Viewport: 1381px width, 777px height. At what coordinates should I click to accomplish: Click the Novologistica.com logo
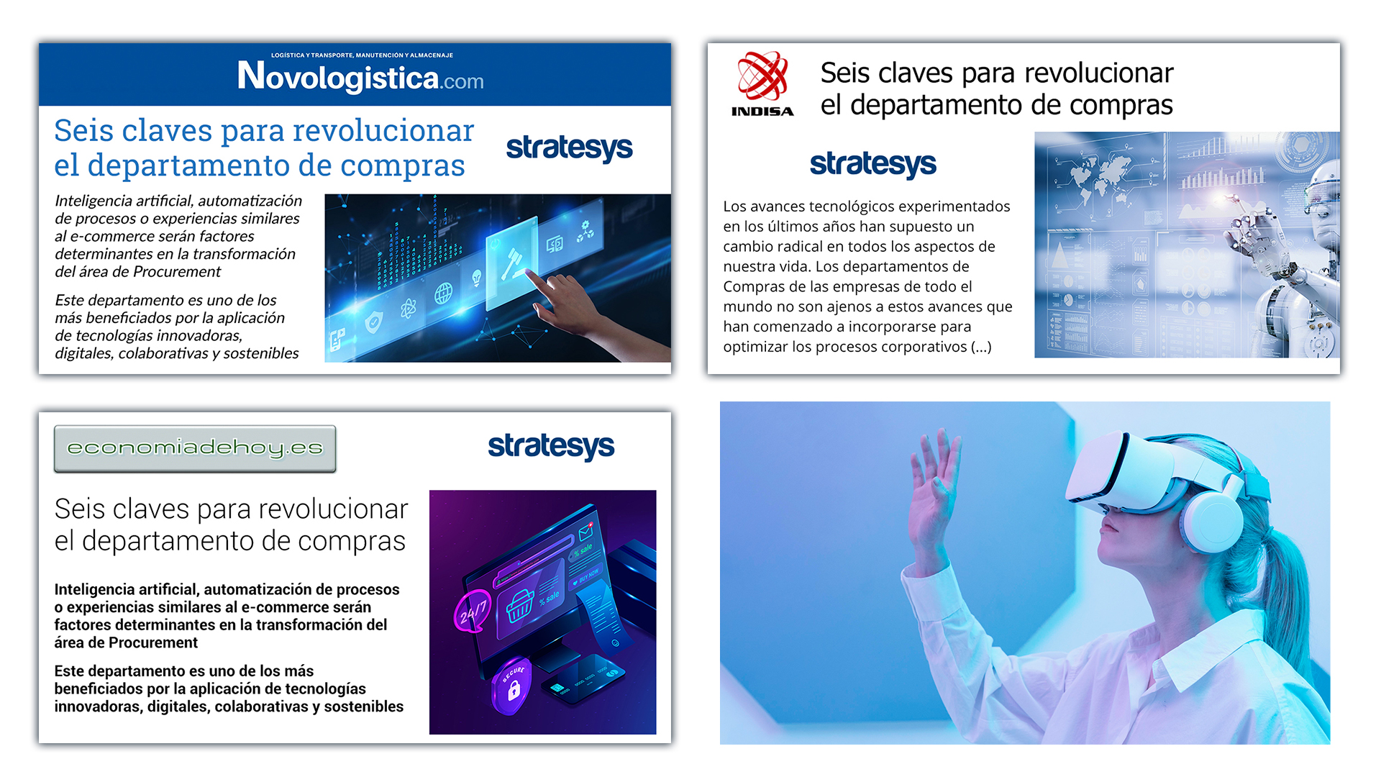[360, 76]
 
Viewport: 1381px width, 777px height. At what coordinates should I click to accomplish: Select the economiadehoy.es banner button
[195, 448]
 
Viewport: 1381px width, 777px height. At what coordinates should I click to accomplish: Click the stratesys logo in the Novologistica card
[569, 148]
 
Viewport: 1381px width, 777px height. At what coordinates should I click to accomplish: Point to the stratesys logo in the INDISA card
[872, 165]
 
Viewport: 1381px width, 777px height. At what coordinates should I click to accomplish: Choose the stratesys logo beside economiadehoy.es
[551, 447]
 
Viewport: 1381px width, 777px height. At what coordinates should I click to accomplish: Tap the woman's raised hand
[935, 489]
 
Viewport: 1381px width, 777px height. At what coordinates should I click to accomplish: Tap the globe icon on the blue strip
[443, 294]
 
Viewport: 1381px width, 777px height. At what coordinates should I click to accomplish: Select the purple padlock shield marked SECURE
[511, 686]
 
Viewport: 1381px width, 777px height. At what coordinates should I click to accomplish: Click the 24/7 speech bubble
[473, 612]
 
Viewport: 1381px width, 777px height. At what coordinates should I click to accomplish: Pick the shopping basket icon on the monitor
[520, 606]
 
